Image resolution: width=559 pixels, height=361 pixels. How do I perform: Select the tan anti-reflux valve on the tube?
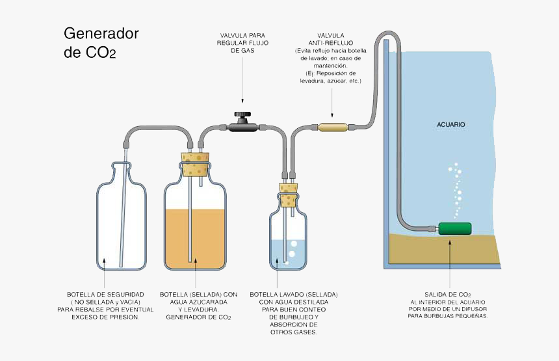331,126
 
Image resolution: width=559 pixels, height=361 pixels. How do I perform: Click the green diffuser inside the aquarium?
454,228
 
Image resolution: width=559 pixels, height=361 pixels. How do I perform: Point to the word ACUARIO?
450,124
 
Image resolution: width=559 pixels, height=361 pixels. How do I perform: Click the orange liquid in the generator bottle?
196,237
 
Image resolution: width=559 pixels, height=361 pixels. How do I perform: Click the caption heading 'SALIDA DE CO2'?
448,295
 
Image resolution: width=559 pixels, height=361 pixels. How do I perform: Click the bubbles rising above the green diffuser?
457,189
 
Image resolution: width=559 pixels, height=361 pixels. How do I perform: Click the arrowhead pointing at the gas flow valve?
242,101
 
